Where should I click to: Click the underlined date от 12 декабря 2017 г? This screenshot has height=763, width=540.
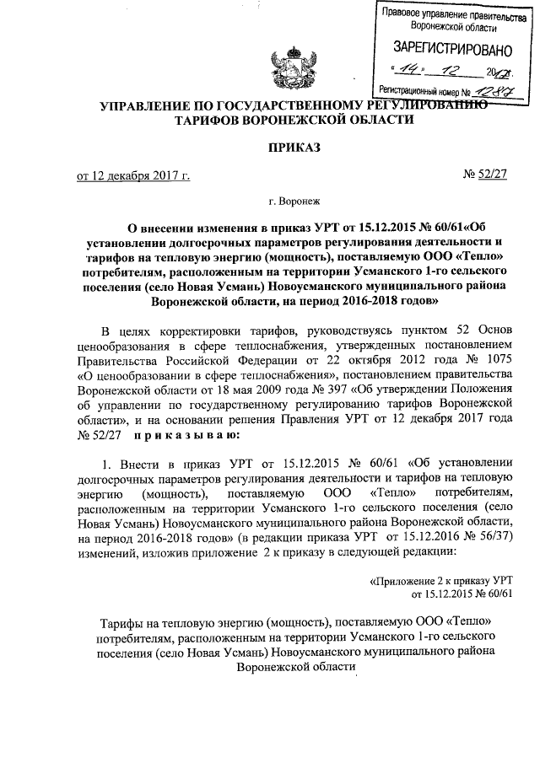(133, 175)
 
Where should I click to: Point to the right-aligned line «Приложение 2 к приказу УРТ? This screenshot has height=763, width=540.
(443, 581)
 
